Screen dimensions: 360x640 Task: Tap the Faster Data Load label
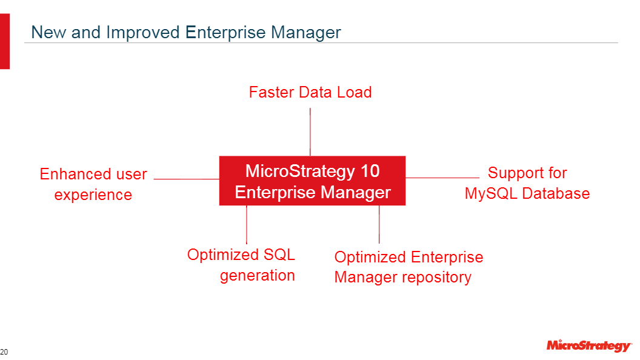pos(310,92)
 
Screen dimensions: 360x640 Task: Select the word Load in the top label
pos(355,92)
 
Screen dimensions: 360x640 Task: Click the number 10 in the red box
pos(370,171)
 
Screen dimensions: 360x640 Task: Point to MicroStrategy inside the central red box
pos(299,171)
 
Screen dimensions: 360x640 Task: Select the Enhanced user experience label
pos(93,184)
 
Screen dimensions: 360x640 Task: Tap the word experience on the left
pos(93,195)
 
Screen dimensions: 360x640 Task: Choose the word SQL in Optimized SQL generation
pos(279,255)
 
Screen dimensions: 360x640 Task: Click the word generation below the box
pos(257,275)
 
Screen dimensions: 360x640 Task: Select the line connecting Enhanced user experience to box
pos(186,179)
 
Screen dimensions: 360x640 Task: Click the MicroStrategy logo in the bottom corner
pos(588,346)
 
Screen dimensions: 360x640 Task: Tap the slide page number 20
pos(4,352)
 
